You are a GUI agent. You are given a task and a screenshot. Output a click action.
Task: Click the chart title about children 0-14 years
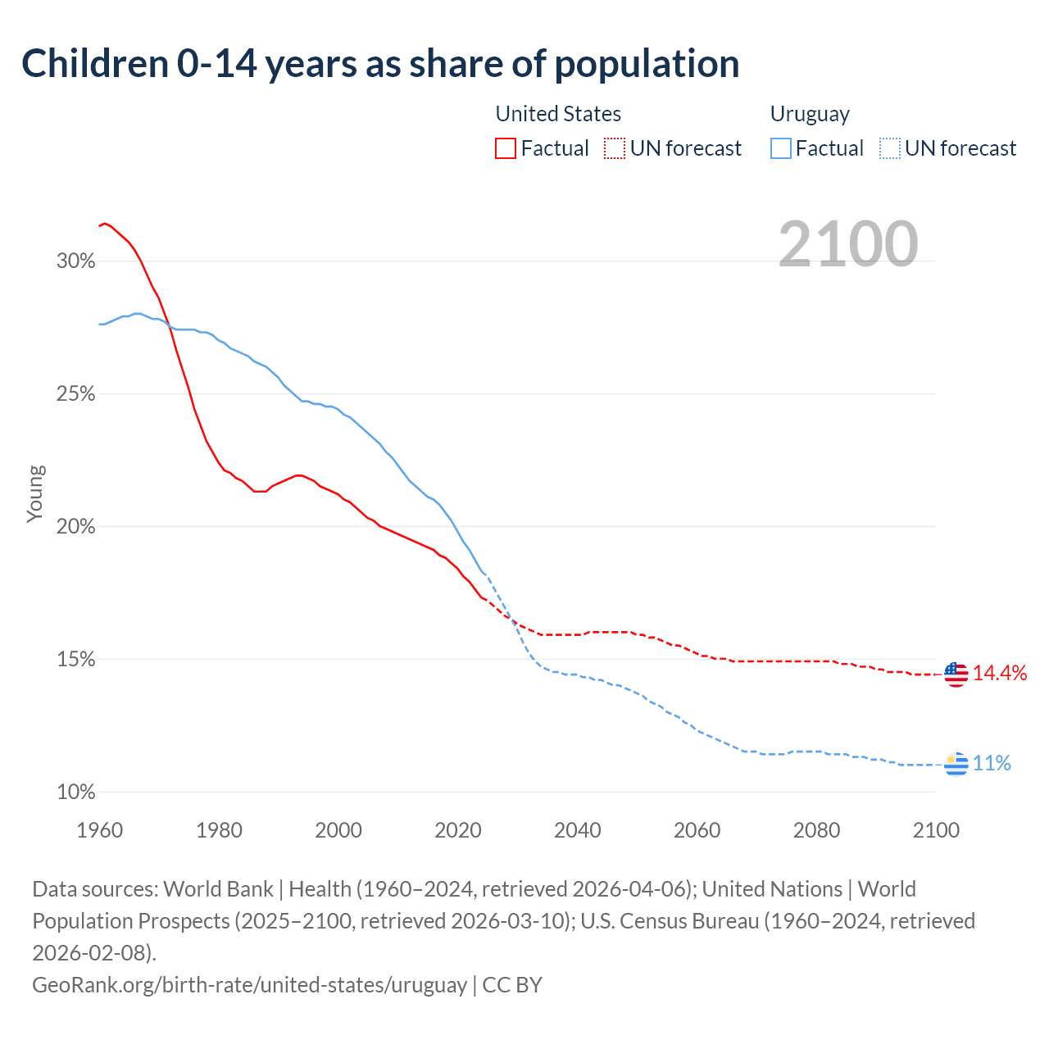coord(380,64)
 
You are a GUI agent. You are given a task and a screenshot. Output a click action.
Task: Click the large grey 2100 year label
coord(848,243)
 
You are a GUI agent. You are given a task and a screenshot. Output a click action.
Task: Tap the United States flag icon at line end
coord(956,674)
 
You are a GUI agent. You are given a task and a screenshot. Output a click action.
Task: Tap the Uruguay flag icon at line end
coord(956,764)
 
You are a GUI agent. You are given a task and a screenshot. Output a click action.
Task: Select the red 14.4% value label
coord(1000,673)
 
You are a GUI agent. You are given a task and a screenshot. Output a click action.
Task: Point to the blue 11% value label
coord(992,764)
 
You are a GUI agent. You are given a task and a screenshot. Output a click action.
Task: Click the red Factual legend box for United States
coord(506,148)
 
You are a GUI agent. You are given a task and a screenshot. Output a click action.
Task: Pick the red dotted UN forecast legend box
coord(615,148)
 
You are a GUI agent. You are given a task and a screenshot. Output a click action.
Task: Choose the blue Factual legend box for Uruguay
coord(781,148)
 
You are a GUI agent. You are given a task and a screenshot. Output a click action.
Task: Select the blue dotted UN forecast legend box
coord(889,148)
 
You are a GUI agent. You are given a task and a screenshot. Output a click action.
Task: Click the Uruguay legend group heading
coord(810,114)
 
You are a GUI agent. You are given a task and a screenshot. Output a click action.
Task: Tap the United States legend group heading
coord(558,114)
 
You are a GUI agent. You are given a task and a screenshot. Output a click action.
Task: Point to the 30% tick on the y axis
coord(76,261)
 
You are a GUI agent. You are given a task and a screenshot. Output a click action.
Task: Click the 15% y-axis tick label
coord(76,660)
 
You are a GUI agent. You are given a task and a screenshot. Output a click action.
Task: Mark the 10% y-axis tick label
coord(76,792)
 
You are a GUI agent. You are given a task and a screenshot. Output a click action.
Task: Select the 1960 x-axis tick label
coord(100,830)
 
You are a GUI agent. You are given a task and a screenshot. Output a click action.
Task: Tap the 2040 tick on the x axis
coord(578,830)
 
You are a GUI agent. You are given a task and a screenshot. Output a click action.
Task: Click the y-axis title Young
coord(35,493)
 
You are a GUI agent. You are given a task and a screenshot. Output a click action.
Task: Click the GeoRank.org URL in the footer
coord(249,984)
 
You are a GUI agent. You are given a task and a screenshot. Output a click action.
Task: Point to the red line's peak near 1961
coord(104,223)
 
